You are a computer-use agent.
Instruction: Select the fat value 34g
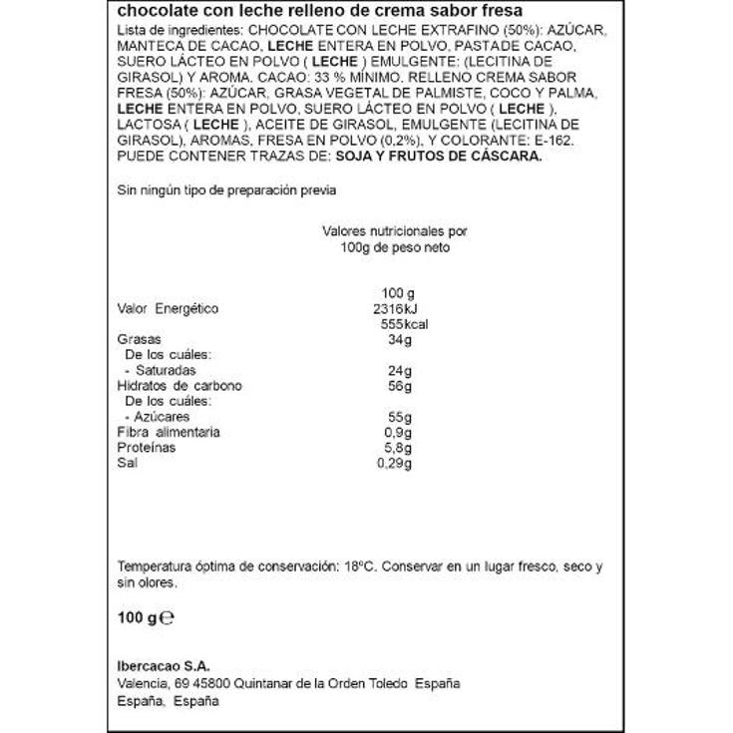pos(398,340)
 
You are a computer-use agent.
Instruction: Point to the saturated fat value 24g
pos(398,370)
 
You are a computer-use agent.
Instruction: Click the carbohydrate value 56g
pos(398,386)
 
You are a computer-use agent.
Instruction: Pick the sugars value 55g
pos(398,416)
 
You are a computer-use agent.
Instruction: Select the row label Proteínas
pos(146,448)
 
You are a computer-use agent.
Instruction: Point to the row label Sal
pos(127,463)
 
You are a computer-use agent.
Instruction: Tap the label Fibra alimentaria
pos(169,432)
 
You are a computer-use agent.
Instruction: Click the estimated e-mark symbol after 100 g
pos(169,617)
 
